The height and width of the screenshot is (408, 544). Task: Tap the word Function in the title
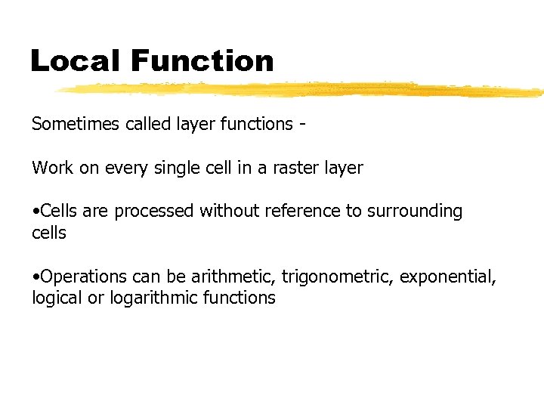[202, 60]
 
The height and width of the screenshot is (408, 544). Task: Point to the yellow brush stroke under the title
[302, 90]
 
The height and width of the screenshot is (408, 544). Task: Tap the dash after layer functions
[302, 125]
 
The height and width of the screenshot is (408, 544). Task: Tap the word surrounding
[415, 212]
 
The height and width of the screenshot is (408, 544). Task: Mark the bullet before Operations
[35, 277]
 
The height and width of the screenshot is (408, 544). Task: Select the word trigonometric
[335, 277]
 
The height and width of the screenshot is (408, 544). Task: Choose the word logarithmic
[156, 298]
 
